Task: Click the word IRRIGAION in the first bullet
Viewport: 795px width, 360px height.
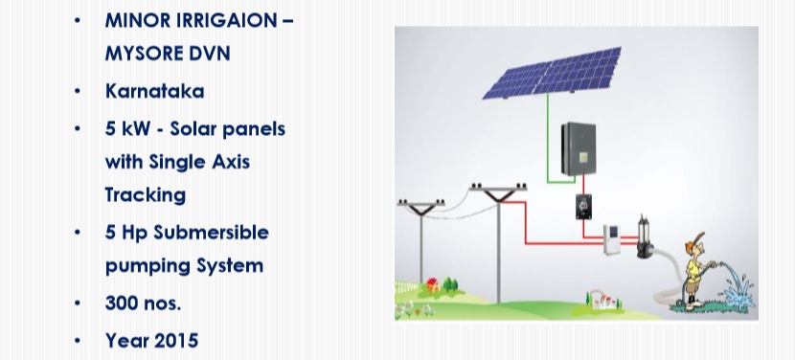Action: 227,20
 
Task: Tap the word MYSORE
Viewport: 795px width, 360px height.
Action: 142,54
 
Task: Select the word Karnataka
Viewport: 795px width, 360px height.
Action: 154,91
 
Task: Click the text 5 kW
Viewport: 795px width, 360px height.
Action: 127,129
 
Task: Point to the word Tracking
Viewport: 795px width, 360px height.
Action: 146,195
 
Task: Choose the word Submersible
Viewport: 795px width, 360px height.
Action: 212,233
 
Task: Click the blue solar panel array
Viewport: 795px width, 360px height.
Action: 553,73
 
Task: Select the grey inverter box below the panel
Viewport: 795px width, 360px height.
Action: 579,148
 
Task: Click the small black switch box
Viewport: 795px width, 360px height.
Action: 583,207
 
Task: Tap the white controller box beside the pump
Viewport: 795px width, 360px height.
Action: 611,239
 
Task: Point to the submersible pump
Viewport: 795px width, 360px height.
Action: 645,236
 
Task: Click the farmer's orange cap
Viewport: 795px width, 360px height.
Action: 693,242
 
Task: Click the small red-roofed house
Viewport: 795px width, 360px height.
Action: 433,284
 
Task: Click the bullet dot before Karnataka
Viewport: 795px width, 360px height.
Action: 77,91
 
